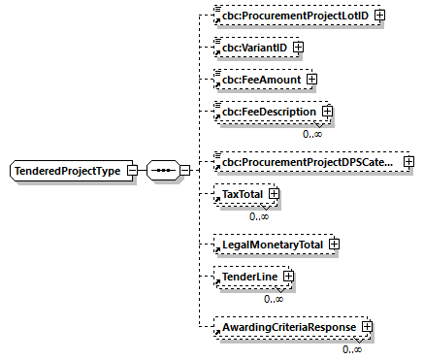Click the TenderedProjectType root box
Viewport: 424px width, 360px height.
point(66,171)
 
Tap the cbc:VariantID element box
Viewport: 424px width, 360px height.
point(252,47)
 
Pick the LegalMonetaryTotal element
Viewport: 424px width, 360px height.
point(271,245)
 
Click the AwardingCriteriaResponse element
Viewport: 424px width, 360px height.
point(288,328)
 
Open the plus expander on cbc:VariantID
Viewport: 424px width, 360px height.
point(298,47)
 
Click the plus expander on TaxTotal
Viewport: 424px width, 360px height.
point(275,195)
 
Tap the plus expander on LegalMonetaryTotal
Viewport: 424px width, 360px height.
point(334,245)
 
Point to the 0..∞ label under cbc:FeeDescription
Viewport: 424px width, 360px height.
point(312,134)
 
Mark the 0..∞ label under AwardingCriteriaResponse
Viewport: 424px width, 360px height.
point(352,348)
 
